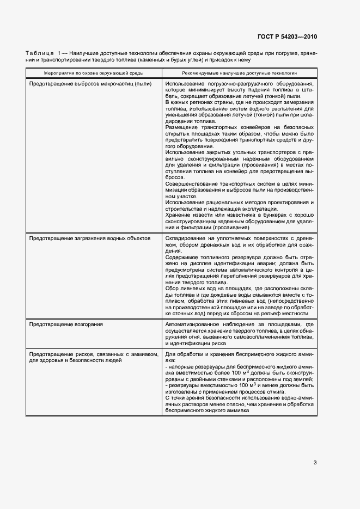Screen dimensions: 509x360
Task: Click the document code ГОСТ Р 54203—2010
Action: pos(286,37)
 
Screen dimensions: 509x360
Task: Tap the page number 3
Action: pos(315,463)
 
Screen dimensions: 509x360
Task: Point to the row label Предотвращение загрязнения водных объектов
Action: pos(89,238)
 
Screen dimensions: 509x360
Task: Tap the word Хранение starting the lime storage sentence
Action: pos(177,215)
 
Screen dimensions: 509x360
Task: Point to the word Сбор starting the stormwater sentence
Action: pos(172,288)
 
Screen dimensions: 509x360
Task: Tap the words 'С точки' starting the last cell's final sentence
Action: pos(176,398)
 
